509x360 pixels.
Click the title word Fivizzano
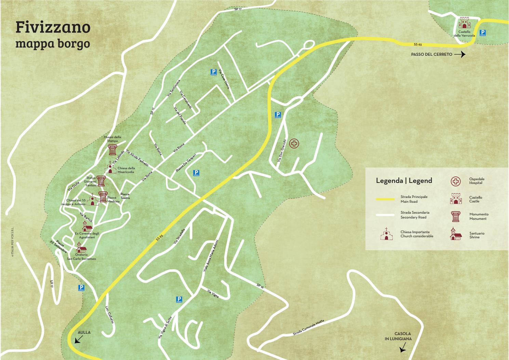(53, 27)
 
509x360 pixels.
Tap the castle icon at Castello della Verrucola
(464, 23)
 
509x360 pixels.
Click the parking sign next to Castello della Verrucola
(483, 33)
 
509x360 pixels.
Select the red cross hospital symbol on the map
(294, 144)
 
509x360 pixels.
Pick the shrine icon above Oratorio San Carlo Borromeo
(81, 247)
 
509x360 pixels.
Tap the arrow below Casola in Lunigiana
(403, 348)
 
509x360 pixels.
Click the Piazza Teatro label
(125, 196)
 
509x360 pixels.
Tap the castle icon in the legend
(456, 199)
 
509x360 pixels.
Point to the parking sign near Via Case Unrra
(213, 72)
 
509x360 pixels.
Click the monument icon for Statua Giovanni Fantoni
(101, 181)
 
